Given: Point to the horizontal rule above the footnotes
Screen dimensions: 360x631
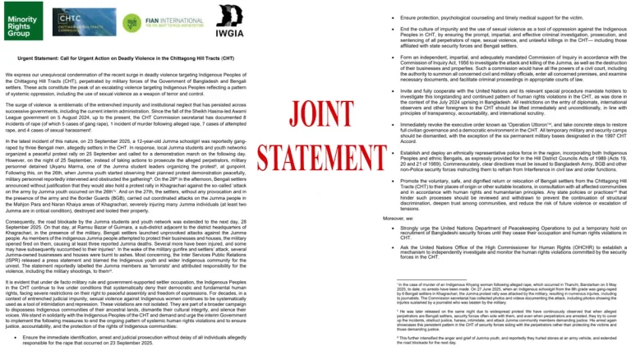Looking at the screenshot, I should pos(411,278).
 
